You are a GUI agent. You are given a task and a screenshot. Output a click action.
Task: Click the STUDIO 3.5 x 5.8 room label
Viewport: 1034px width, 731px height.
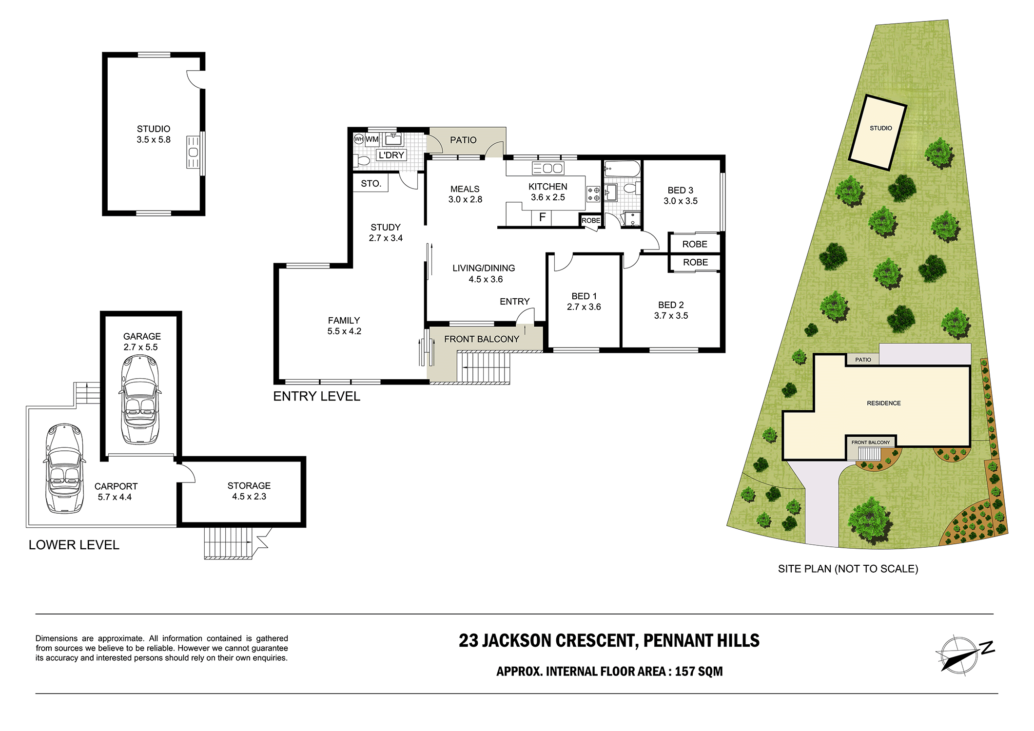[154, 134]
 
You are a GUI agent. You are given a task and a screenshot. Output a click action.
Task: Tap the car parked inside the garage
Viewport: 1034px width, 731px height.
[140, 400]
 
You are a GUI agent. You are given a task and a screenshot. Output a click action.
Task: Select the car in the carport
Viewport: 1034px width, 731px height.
[64, 468]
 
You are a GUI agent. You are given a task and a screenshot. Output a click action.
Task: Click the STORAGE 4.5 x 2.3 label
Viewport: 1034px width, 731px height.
[249, 491]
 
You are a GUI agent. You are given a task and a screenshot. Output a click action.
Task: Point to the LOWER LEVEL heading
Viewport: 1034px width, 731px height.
[74, 545]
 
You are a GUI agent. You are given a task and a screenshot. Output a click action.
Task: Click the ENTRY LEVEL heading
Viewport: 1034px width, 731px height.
[317, 396]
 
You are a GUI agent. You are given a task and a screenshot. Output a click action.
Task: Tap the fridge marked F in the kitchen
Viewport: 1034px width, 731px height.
[542, 218]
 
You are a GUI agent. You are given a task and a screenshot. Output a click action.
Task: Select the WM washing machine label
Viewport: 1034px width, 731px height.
[372, 139]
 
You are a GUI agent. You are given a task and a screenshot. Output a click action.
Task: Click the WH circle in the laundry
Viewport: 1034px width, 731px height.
[359, 139]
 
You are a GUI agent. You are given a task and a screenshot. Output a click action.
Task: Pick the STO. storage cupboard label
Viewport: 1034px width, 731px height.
[371, 184]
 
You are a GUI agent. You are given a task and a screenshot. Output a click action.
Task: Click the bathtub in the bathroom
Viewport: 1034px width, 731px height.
[622, 169]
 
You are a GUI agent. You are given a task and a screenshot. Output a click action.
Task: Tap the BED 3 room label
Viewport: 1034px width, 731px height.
[681, 195]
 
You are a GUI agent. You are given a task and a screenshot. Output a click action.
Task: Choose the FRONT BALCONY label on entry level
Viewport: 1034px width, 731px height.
[482, 339]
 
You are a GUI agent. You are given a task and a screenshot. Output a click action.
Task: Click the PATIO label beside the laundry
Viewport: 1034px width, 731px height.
[463, 140]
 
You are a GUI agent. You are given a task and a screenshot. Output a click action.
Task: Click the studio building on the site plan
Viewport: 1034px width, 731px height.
[878, 132]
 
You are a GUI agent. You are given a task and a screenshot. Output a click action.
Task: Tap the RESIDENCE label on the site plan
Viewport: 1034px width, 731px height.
[884, 403]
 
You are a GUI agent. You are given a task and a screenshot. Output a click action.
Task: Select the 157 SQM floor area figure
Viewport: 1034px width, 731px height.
[699, 672]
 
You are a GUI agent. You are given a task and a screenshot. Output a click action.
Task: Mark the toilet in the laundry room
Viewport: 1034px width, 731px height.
[363, 160]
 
